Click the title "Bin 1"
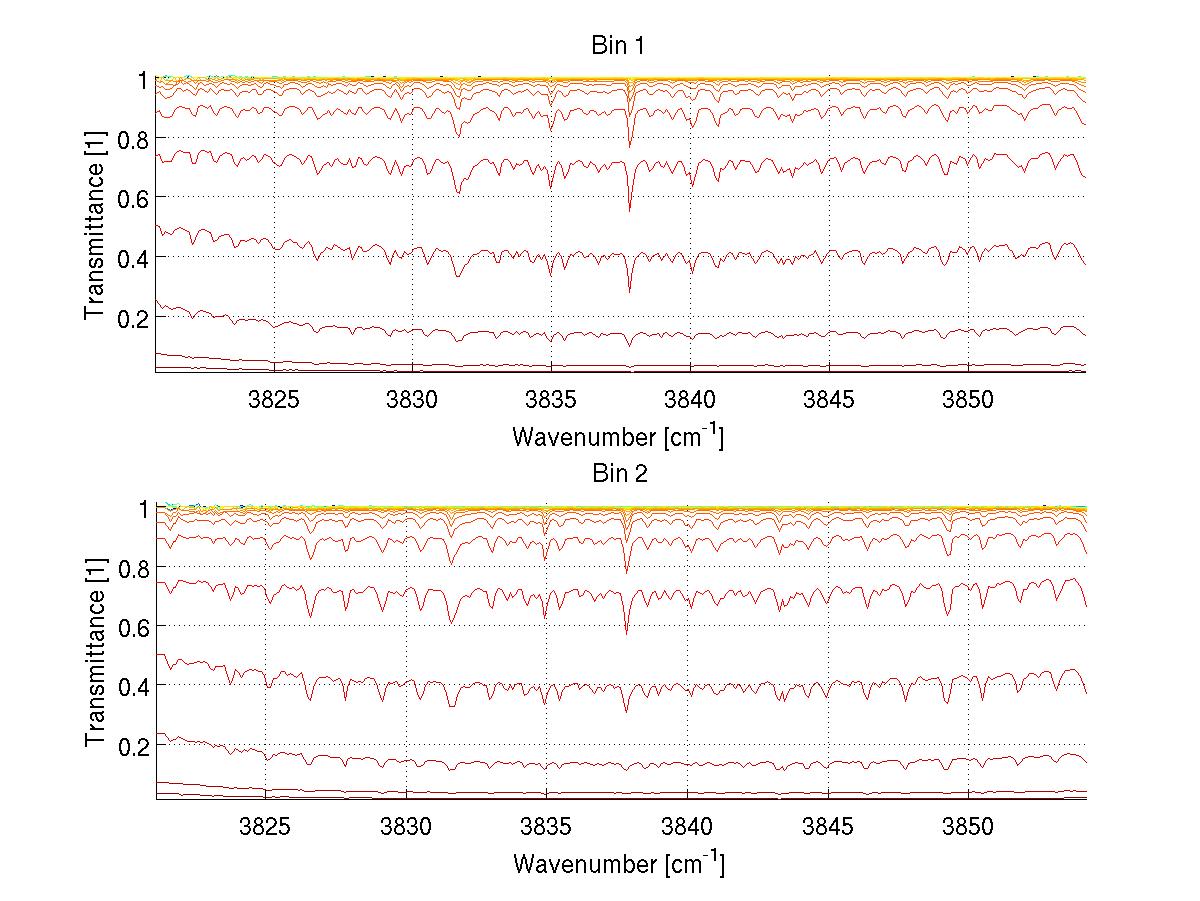pyautogui.click(x=620, y=46)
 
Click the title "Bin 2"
pyautogui.click(x=620, y=474)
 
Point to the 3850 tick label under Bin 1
pyautogui.click(x=968, y=400)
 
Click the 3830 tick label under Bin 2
pyautogui.click(x=406, y=828)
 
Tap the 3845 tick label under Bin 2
pyautogui.click(x=828, y=828)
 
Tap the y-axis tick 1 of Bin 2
pyautogui.click(x=143, y=508)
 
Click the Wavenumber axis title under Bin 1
pyautogui.click(x=618, y=436)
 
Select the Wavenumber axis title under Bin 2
pyautogui.click(x=618, y=863)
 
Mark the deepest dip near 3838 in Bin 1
pyautogui.click(x=629, y=290)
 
